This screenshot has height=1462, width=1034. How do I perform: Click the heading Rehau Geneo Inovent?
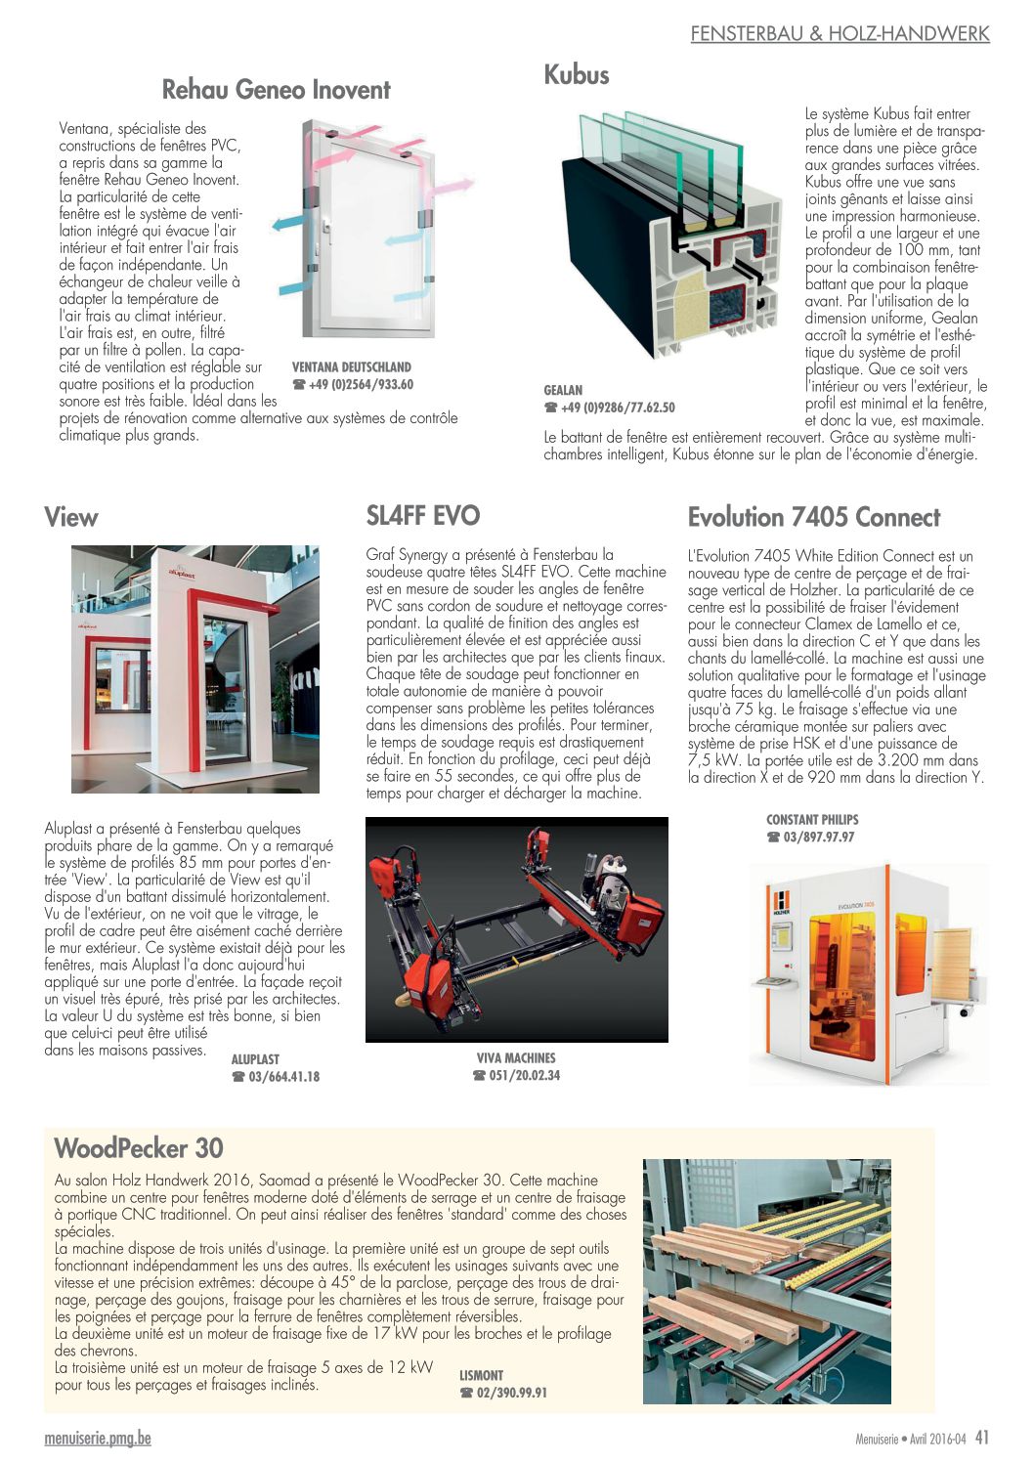pyautogui.click(x=276, y=90)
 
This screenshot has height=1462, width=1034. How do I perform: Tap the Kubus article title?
pyautogui.click(x=577, y=75)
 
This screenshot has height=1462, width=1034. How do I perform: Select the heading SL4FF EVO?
pyautogui.click(x=423, y=516)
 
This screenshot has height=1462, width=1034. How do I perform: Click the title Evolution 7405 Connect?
pyautogui.click(x=814, y=518)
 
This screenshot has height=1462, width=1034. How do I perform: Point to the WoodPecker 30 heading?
pyautogui.click(x=139, y=1148)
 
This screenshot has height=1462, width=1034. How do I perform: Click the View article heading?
pyautogui.click(x=71, y=518)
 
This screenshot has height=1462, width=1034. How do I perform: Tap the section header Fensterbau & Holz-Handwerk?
pyautogui.click(x=840, y=34)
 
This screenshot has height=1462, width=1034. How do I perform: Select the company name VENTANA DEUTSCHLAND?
pyautogui.click(x=352, y=367)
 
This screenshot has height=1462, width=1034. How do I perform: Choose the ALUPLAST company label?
pyautogui.click(x=255, y=1059)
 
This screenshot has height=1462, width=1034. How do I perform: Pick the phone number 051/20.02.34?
pyautogui.click(x=525, y=1076)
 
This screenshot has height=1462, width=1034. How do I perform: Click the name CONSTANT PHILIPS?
pyautogui.click(x=812, y=820)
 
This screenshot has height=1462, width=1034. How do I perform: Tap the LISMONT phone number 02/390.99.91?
pyautogui.click(x=511, y=1393)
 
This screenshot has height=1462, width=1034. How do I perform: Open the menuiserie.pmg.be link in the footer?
pyautogui.click(x=98, y=1439)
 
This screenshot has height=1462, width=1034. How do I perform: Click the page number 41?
pyautogui.click(x=982, y=1438)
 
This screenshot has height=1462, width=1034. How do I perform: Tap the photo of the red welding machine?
pyautogui.click(x=516, y=929)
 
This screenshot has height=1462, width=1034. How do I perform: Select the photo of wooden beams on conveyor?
pyautogui.click(x=766, y=1281)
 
